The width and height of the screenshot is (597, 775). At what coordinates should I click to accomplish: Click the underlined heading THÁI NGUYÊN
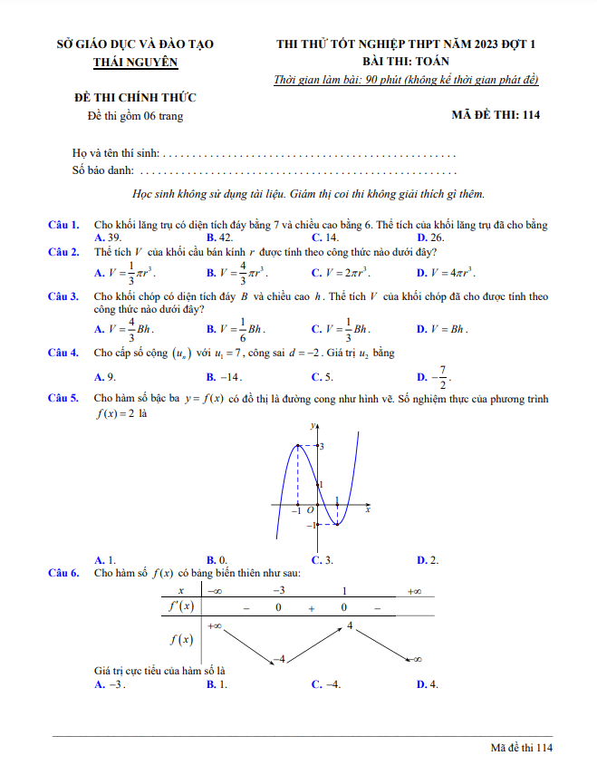click(136, 63)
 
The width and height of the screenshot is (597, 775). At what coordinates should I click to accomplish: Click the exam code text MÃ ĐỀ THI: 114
click(496, 116)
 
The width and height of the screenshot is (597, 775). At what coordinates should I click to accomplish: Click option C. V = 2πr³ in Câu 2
click(341, 272)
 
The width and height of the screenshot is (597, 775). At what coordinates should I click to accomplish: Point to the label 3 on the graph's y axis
click(322, 447)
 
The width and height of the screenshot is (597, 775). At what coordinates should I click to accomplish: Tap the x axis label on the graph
click(368, 511)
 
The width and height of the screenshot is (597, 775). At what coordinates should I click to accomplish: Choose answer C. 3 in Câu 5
click(323, 559)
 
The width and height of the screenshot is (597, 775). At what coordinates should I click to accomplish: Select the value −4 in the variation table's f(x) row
click(281, 658)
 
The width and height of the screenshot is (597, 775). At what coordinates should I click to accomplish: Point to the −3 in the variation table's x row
click(279, 591)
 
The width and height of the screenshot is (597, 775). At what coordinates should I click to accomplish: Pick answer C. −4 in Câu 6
click(327, 684)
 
